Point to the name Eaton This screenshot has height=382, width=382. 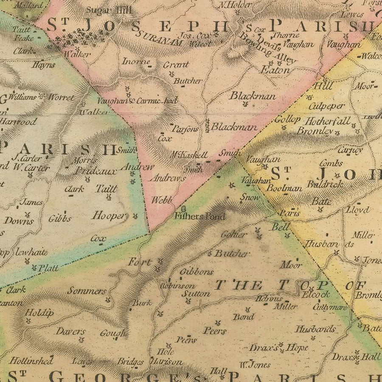click(x=275, y=70)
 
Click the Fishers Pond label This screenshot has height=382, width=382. click(x=199, y=216)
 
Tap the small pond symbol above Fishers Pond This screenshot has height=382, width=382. click(x=183, y=209)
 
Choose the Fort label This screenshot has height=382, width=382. click(x=139, y=262)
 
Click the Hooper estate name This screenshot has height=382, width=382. click(x=109, y=216)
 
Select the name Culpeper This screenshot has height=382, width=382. click(x=327, y=106)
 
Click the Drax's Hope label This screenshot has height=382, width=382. click(x=278, y=348)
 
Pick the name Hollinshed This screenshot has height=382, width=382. click(x=31, y=361)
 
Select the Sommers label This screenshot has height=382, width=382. click(x=87, y=291)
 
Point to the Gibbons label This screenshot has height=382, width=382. click(x=196, y=272)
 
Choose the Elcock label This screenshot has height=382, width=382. click(x=315, y=295)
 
